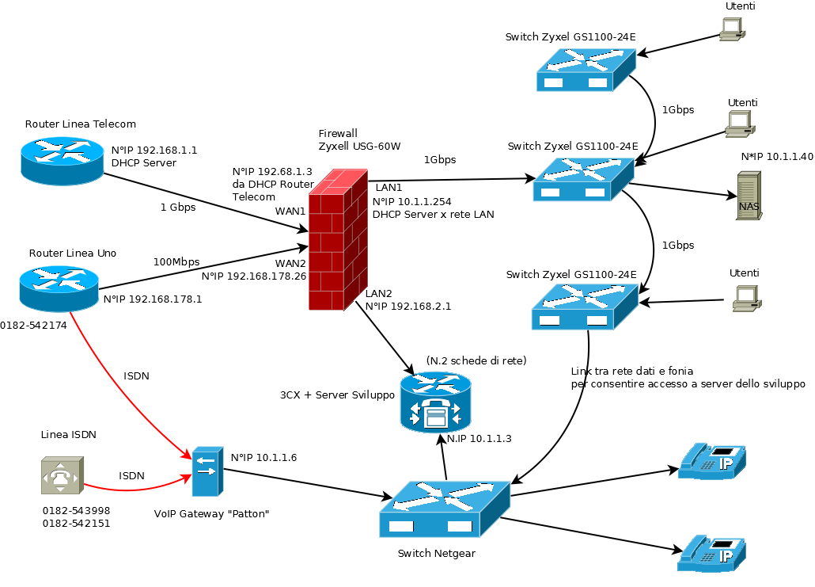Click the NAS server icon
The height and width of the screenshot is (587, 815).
(x=748, y=196)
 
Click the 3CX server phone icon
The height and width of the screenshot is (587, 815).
(x=434, y=403)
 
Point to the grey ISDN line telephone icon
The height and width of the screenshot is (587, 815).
(x=61, y=475)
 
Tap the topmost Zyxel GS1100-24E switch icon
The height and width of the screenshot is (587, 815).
(x=586, y=69)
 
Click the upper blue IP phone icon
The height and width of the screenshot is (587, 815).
(x=711, y=461)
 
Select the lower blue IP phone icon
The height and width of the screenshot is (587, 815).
(x=711, y=553)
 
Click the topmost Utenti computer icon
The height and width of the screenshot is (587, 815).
(x=731, y=29)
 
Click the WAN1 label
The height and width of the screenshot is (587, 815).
(x=290, y=212)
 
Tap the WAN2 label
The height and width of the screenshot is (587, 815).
(x=290, y=263)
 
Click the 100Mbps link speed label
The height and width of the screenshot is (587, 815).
(x=176, y=261)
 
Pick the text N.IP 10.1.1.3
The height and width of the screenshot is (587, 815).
(x=479, y=438)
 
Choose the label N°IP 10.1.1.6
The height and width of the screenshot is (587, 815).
(x=263, y=457)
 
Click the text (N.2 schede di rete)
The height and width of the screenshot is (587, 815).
(x=476, y=360)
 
